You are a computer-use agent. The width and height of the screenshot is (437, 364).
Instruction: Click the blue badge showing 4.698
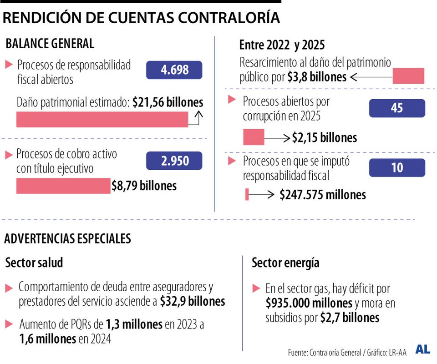tap(174, 70)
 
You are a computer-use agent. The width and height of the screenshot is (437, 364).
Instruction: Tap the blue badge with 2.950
tap(174, 161)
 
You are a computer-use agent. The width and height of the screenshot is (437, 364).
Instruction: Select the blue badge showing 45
tap(396, 108)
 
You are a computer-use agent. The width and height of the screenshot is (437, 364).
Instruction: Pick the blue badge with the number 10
tap(396, 167)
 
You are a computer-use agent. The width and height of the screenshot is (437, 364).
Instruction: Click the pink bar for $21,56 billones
tap(102, 119)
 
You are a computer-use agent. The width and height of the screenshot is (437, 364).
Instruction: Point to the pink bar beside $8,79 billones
tap(63, 186)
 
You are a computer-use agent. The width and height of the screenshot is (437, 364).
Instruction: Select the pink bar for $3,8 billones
tap(408, 76)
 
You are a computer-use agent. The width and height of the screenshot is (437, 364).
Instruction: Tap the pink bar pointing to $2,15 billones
tap(254, 137)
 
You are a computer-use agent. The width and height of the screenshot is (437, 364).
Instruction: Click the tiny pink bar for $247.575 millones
tap(247, 194)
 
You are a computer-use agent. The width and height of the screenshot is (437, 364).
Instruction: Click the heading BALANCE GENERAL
tap(50, 44)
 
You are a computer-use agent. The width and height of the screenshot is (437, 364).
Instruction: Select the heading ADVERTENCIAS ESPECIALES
tap(67, 238)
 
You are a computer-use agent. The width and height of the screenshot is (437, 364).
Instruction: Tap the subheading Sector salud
tap(34, 263)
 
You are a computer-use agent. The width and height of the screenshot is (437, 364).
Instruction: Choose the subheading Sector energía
tap(285, 263)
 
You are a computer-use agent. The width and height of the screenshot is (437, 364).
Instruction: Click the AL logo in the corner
tap(422, 349)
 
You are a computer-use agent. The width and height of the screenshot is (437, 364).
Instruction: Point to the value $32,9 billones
tap(193, 301)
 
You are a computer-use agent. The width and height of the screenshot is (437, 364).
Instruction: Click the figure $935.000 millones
tap(309, 303)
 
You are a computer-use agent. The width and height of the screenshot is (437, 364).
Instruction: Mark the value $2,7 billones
tap(350, 318)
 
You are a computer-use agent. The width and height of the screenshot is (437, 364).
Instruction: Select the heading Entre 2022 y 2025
tap(282, 45)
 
